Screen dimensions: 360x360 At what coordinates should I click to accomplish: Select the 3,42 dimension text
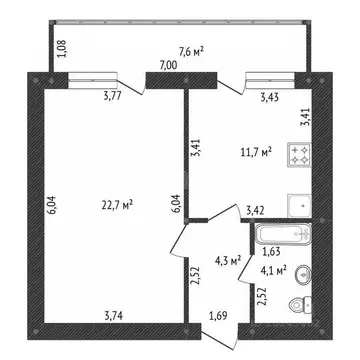(x=257, y=210)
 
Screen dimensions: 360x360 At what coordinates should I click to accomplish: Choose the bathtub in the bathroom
(x=287, y=238)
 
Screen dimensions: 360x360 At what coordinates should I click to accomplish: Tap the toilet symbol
(x=296, y=307)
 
